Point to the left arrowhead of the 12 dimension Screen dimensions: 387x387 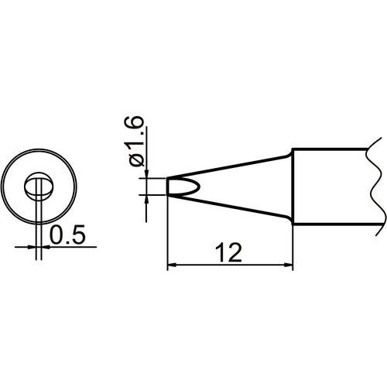(172, 266)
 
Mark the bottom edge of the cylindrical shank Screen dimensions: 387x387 (333, 226)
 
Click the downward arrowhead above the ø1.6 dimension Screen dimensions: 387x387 (147, 174)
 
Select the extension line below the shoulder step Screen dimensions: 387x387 (293, 248)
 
